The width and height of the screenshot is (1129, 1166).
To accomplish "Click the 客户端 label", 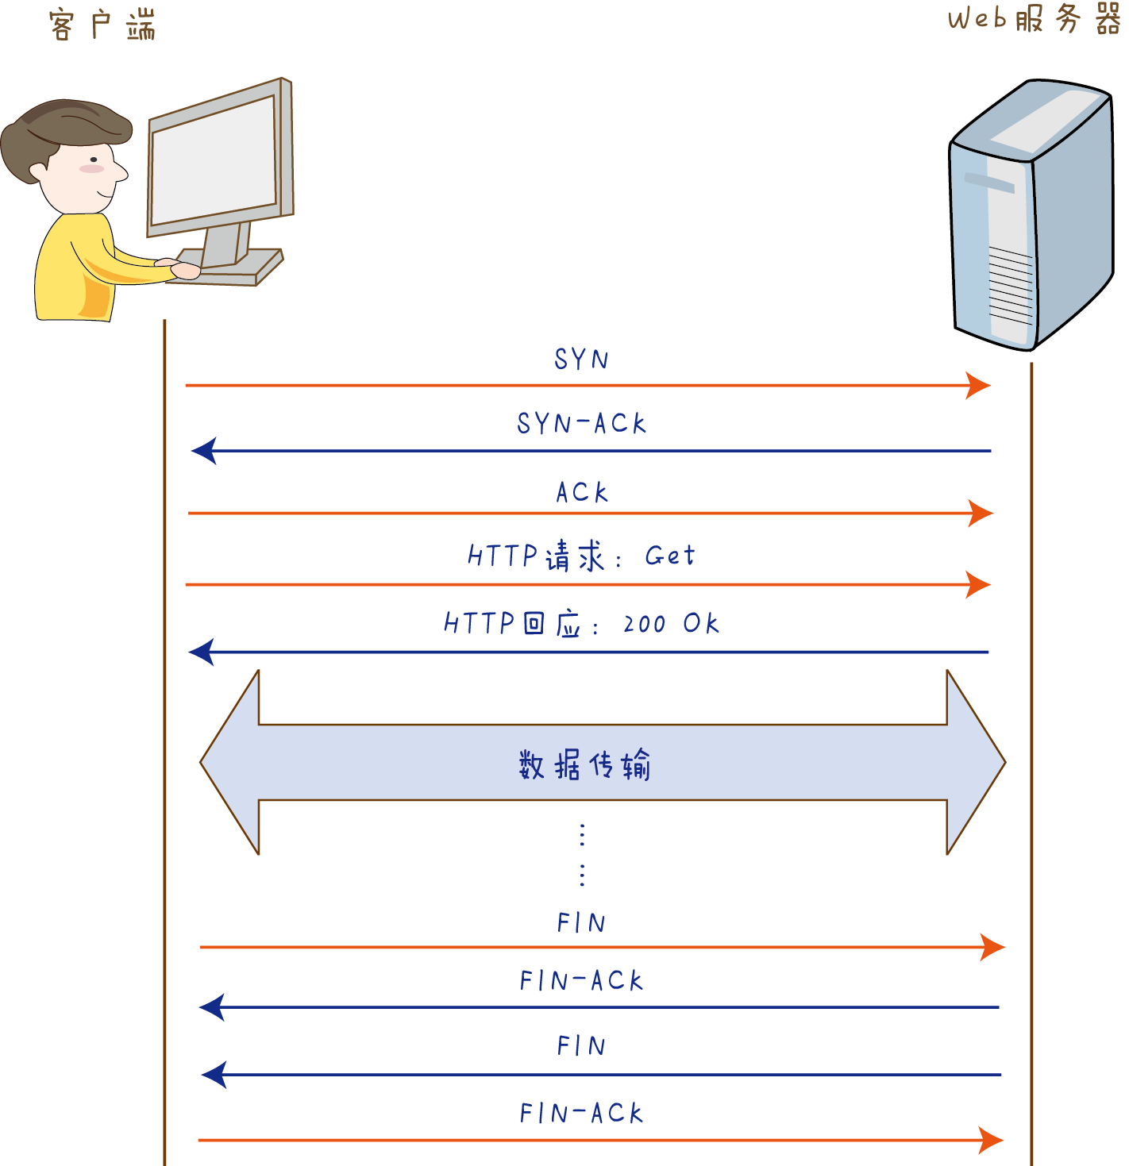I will tap(102, 25).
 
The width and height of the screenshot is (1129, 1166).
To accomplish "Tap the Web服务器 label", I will tap(1033, 19).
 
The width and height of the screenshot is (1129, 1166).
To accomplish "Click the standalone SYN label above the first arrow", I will tap(581, 360).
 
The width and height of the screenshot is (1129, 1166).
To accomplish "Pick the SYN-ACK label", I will tap(581, 423).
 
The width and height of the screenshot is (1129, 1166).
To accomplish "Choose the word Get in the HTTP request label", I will tap(669, 556).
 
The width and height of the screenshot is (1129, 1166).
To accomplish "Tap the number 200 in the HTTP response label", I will tap(644, 625).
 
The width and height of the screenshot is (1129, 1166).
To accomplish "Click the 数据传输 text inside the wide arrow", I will tap(584, 765).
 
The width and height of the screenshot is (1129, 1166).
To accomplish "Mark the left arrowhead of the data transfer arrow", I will tap(230, 762).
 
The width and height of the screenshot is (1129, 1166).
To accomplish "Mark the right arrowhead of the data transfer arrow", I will tap(976, 762).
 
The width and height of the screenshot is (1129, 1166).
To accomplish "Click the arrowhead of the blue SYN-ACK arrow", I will tap(203, 451).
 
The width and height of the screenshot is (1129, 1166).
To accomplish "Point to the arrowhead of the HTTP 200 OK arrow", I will tap(201, 652).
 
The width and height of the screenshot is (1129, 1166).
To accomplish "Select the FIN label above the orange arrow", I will tap(581, 923).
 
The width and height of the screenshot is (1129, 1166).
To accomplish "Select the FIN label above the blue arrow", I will tap(581, 1046).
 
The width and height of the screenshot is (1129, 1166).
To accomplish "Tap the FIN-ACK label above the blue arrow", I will tap(581, 981).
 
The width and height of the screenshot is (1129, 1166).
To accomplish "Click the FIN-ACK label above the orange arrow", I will tap(581, 1113).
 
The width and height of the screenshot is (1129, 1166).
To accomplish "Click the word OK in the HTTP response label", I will tap(701, 624).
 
